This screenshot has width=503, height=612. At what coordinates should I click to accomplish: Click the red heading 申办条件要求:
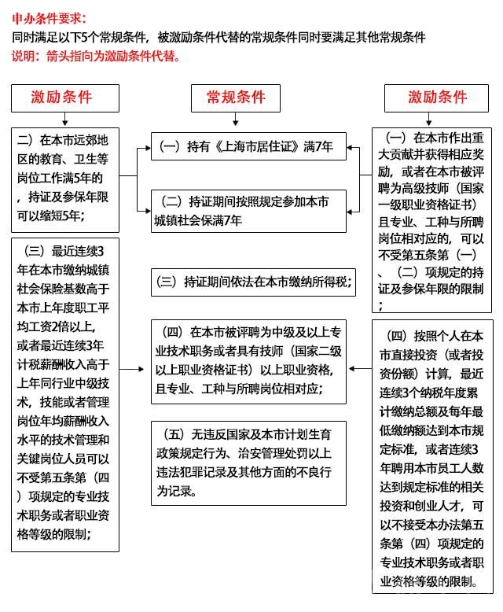tap(49, 18)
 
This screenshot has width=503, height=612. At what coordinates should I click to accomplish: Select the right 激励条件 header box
tap(437, 98)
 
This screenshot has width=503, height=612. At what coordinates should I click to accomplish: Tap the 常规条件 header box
tap(236, 98)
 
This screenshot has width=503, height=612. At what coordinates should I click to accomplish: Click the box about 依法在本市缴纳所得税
tap(249, 282)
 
